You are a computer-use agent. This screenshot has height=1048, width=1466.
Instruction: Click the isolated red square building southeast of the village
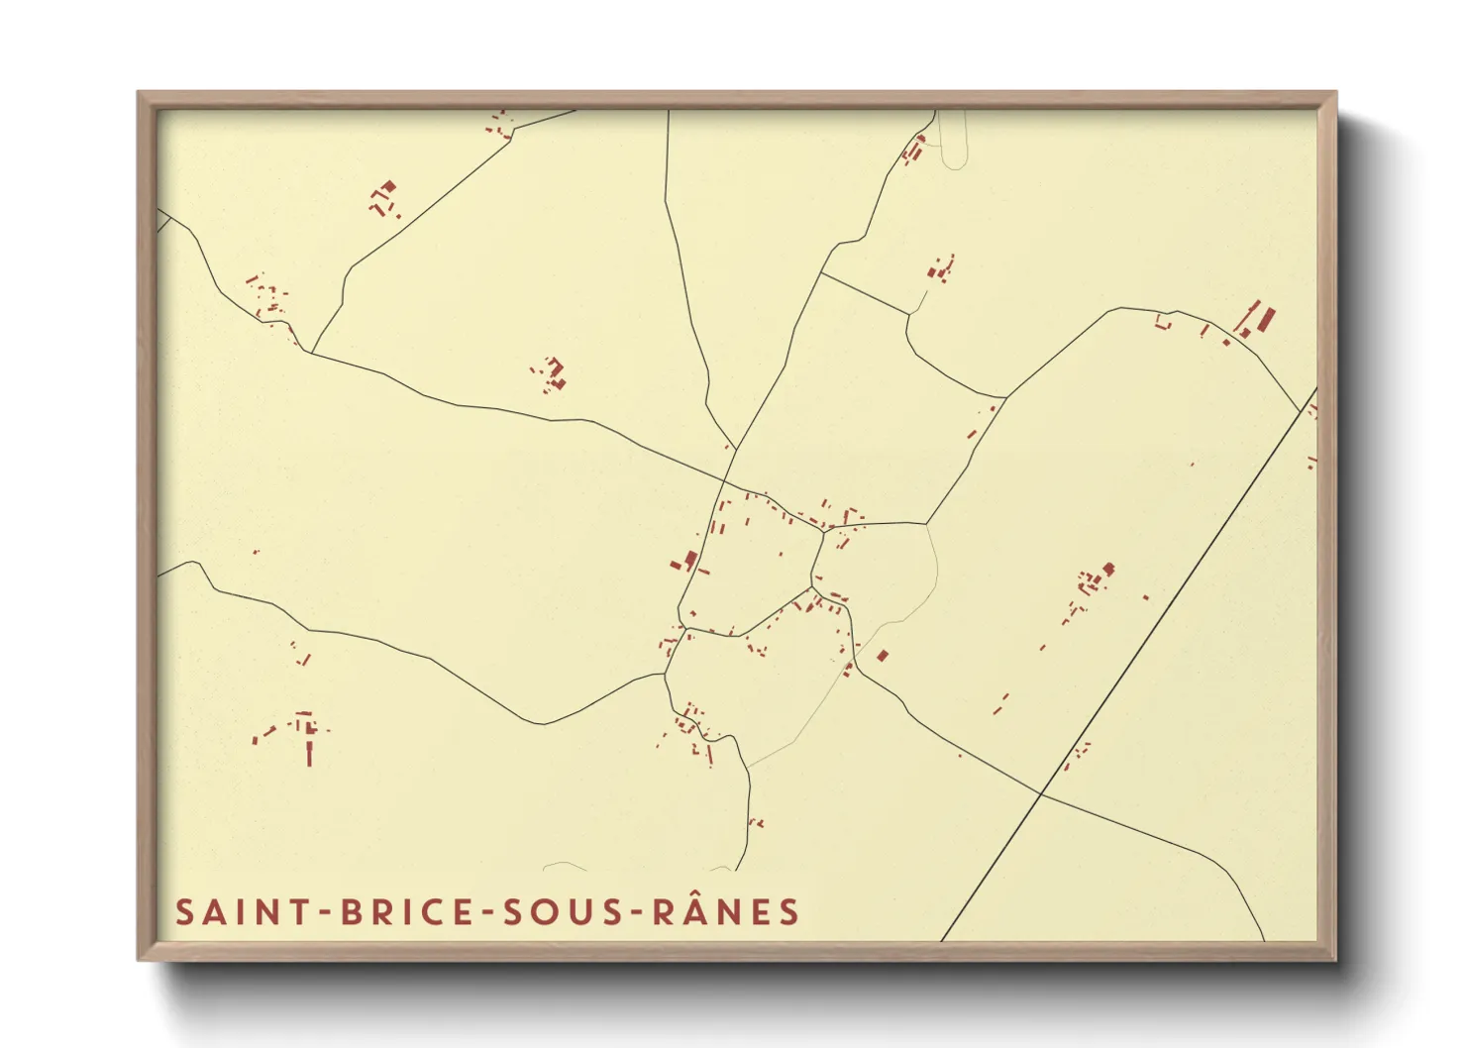(x=883, y=655)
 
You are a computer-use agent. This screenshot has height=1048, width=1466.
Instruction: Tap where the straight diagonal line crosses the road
(x=1041, y=793)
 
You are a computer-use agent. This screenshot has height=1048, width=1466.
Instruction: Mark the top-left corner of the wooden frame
(x=140, y=93)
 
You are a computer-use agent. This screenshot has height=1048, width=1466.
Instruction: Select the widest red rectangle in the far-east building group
(x=1265, y=320)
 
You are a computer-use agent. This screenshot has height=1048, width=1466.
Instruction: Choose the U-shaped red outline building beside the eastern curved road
(x=1163, y=322)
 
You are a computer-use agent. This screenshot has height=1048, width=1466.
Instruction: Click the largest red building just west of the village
(x=690, y=560)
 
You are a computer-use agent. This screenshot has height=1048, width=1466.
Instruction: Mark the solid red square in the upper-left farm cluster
(x=388, y=186)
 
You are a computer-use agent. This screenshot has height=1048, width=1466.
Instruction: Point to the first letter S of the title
(x=184, y=912)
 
